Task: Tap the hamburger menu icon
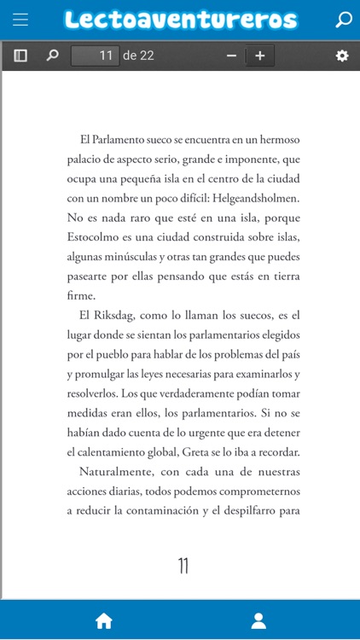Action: [20, 20]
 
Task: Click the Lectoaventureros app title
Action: [180, 20]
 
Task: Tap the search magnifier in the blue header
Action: [343, 20]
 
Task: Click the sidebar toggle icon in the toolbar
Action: [20, 55]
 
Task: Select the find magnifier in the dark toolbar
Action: [52, 55]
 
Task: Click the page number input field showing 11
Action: [95, 55]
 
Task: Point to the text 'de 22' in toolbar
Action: [138, 55]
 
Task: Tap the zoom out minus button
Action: [231, 55]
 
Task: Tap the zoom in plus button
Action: [260, 55]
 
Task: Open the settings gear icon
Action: [342, 55]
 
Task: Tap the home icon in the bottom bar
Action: [104, 620]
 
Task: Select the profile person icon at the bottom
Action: [257, 620]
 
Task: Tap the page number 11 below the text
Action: [183, 566]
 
